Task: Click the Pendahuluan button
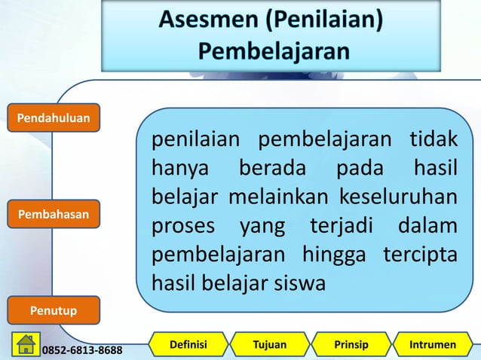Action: click(54, 117)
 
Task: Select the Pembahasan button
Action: click(54, 215)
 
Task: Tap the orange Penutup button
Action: click(53, 310)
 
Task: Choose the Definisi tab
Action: click(188, 345)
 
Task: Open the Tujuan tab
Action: click(269, 345)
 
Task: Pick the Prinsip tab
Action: click(351, 345)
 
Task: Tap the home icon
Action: click(26, 344)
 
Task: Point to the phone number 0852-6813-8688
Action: click(83, 350)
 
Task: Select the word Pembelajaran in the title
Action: click(274, 51)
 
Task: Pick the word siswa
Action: click(301, 284)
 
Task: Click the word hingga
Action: click(334, 255)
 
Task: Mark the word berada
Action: click(272, 169)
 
